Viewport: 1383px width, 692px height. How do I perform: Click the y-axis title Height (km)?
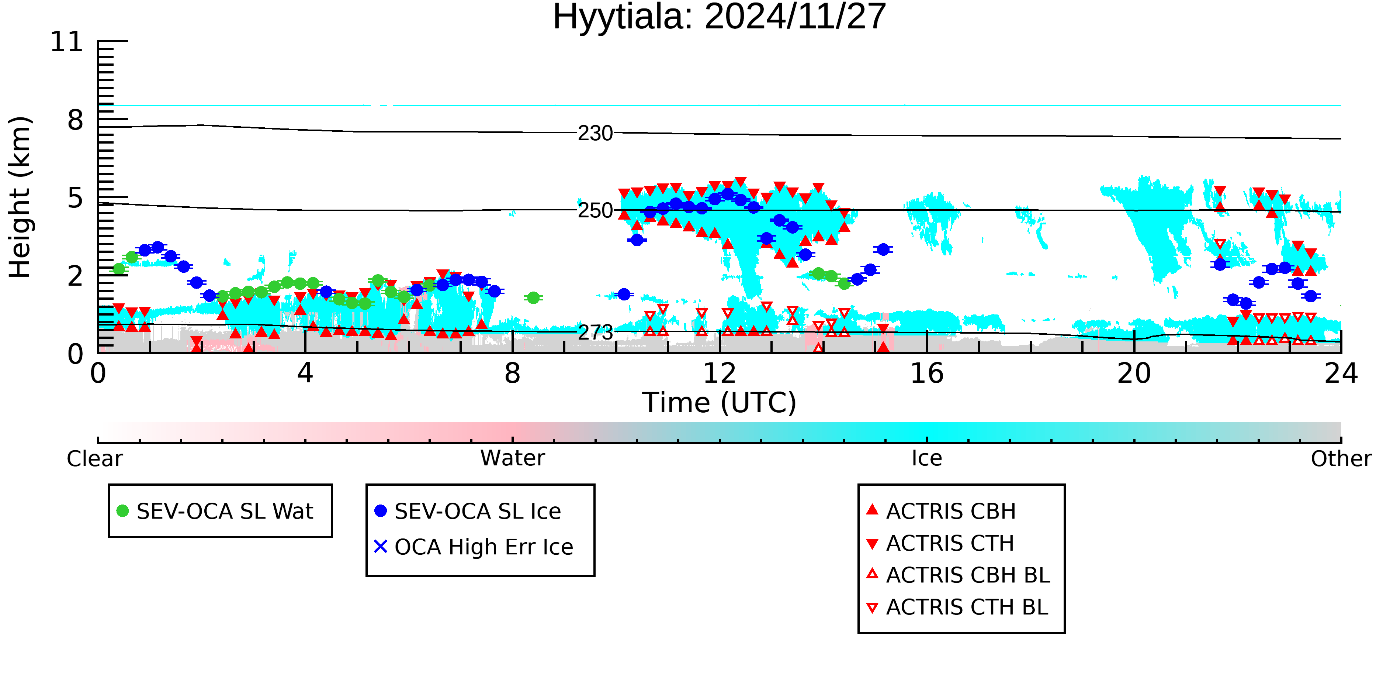click(20, 197)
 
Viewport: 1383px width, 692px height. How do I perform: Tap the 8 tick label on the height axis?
click(75, 120)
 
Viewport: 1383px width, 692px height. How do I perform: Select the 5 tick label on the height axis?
click(75, 198)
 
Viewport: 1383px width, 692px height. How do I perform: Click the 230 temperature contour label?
click(595, 133)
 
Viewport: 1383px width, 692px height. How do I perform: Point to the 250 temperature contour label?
click(595, 211)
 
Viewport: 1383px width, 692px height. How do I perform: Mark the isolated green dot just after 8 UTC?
click(533, 297)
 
